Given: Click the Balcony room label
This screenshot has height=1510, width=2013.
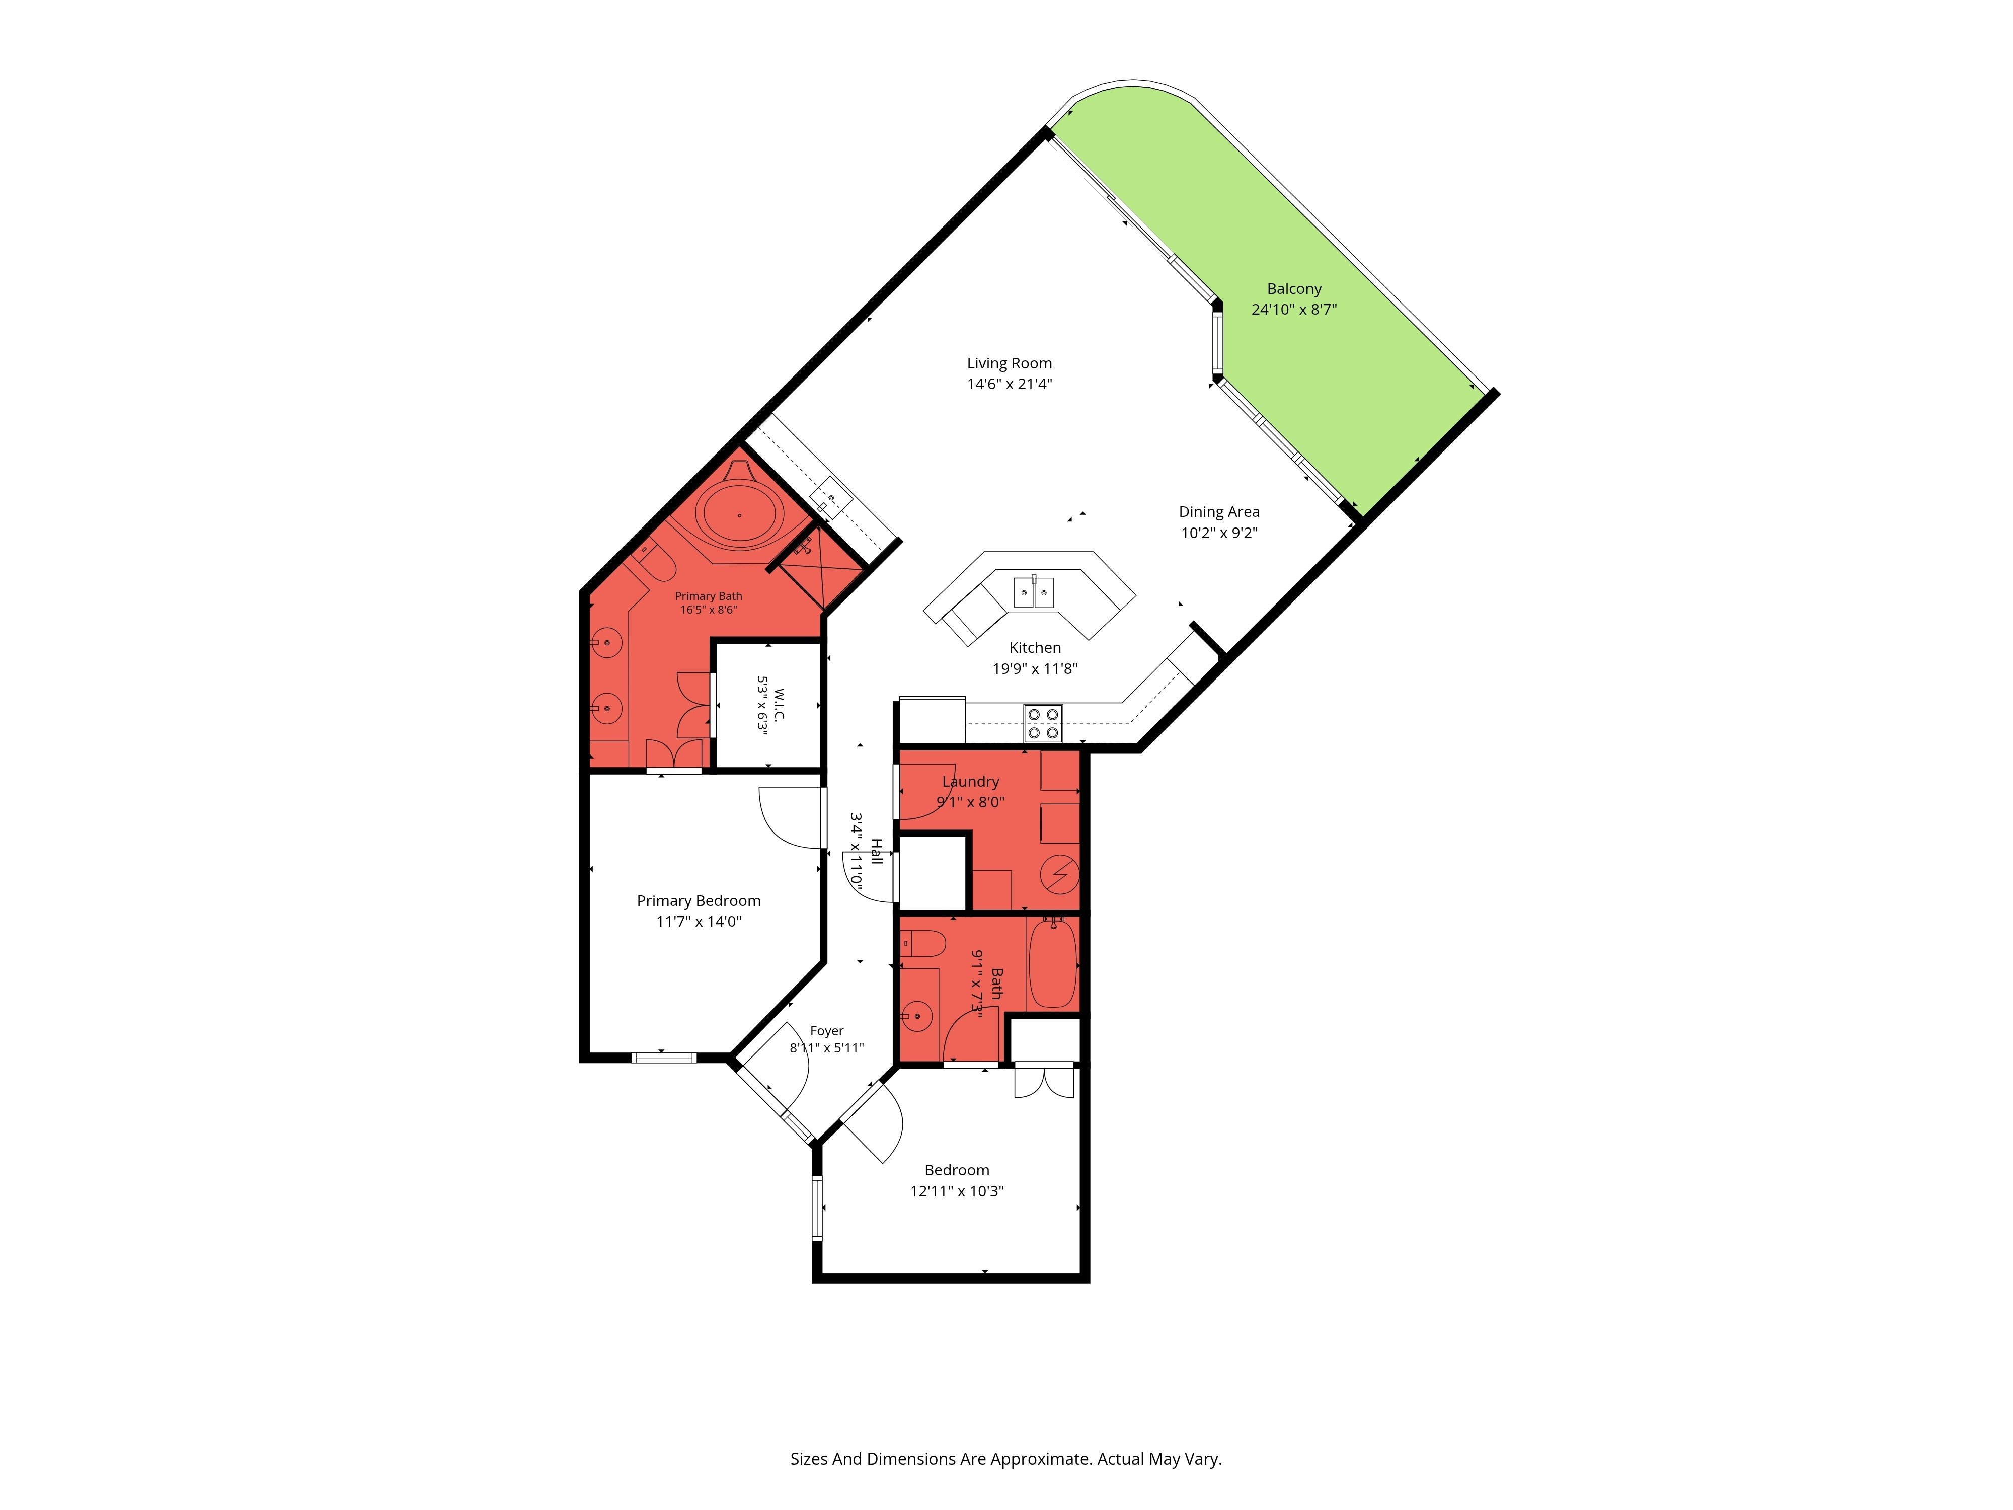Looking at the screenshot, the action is [1293, 288].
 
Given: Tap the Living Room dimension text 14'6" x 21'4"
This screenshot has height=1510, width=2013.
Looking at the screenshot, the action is [1009, 384].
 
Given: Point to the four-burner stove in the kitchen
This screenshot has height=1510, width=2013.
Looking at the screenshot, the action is [1043, 724].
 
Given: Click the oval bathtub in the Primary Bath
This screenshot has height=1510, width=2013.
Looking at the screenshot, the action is [740, 515].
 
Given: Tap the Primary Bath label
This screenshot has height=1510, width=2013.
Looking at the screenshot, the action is [708, 596].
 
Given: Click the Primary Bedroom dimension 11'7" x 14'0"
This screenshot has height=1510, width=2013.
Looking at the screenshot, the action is [699, 921].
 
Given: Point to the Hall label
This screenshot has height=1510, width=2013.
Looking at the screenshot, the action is [876, 851].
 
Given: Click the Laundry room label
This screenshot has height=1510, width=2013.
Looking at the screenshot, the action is [970, 782].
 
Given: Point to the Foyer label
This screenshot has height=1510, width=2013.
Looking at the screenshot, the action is [826, 1031].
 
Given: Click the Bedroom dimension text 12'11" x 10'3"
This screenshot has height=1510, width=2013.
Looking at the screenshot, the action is [957, 1190].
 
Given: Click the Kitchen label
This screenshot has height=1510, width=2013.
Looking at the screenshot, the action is [1035, 648].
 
